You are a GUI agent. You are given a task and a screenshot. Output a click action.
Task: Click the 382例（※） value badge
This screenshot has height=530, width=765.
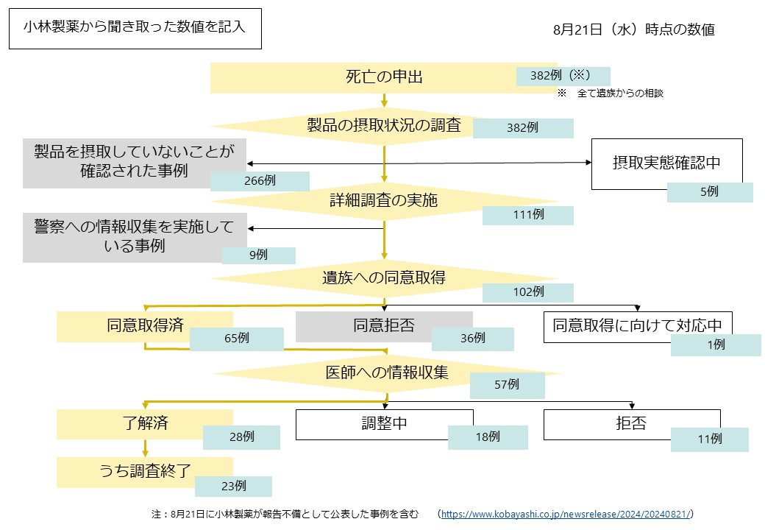click(563, 76)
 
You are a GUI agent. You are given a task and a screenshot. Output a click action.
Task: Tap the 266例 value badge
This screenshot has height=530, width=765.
click(259, 181)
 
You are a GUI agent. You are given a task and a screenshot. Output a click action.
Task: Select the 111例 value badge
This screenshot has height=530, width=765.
click(527, 215)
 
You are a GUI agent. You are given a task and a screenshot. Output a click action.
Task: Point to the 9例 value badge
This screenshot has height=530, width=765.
click(258, 255)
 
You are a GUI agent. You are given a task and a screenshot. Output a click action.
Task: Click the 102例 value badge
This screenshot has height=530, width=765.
click(527, 292)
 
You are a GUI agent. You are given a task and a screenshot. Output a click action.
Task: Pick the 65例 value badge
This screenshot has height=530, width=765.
click(236, 339)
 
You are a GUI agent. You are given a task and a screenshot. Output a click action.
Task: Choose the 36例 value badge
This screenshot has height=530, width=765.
click(472, 339)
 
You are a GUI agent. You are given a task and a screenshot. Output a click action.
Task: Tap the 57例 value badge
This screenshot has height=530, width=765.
click(507, 384)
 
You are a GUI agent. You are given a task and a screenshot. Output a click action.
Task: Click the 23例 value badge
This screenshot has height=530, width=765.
click(232, 486)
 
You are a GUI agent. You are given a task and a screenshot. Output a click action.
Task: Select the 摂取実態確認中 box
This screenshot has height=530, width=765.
click(666, 163)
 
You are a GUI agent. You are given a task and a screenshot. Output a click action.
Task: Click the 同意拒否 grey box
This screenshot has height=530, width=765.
click(383, 326)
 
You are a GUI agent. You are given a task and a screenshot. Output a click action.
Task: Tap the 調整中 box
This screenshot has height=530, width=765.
click(384, 424)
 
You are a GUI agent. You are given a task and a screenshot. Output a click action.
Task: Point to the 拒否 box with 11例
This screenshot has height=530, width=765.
click(631, 424)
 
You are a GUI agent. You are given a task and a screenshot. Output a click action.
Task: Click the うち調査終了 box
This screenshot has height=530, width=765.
click(144, 472)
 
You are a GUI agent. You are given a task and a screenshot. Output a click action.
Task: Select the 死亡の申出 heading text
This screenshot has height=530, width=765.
click(384, 77)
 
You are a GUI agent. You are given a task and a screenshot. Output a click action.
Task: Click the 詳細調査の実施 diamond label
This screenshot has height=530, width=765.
click(383, 200)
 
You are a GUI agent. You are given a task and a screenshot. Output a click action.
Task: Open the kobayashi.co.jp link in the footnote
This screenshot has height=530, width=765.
click(566, 514)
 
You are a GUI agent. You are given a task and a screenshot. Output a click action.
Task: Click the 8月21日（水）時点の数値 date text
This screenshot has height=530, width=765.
click(633, 30)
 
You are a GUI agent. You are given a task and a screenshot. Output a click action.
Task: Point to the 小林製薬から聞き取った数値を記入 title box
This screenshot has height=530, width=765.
click(135, 28)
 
